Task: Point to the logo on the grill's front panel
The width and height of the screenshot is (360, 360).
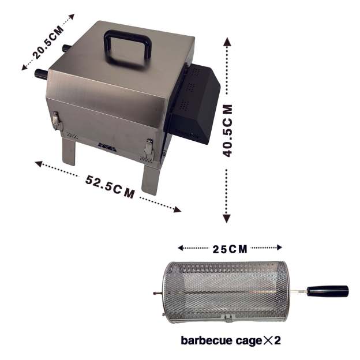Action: tap(106, 145)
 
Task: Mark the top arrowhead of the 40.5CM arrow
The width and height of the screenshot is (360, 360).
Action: tap(228, 42)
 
